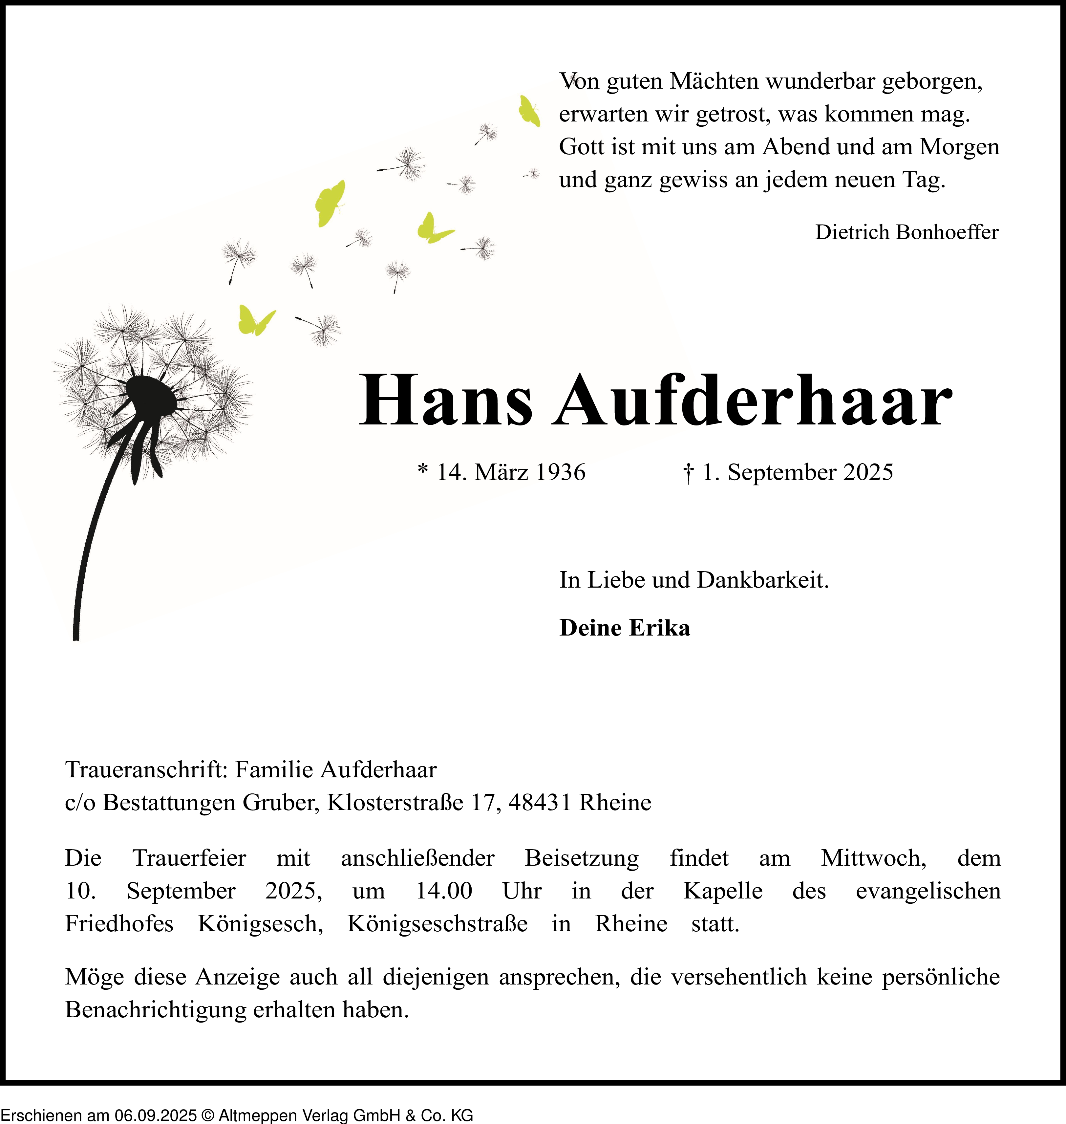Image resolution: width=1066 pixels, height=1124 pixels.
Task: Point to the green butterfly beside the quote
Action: coord(528,111)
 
